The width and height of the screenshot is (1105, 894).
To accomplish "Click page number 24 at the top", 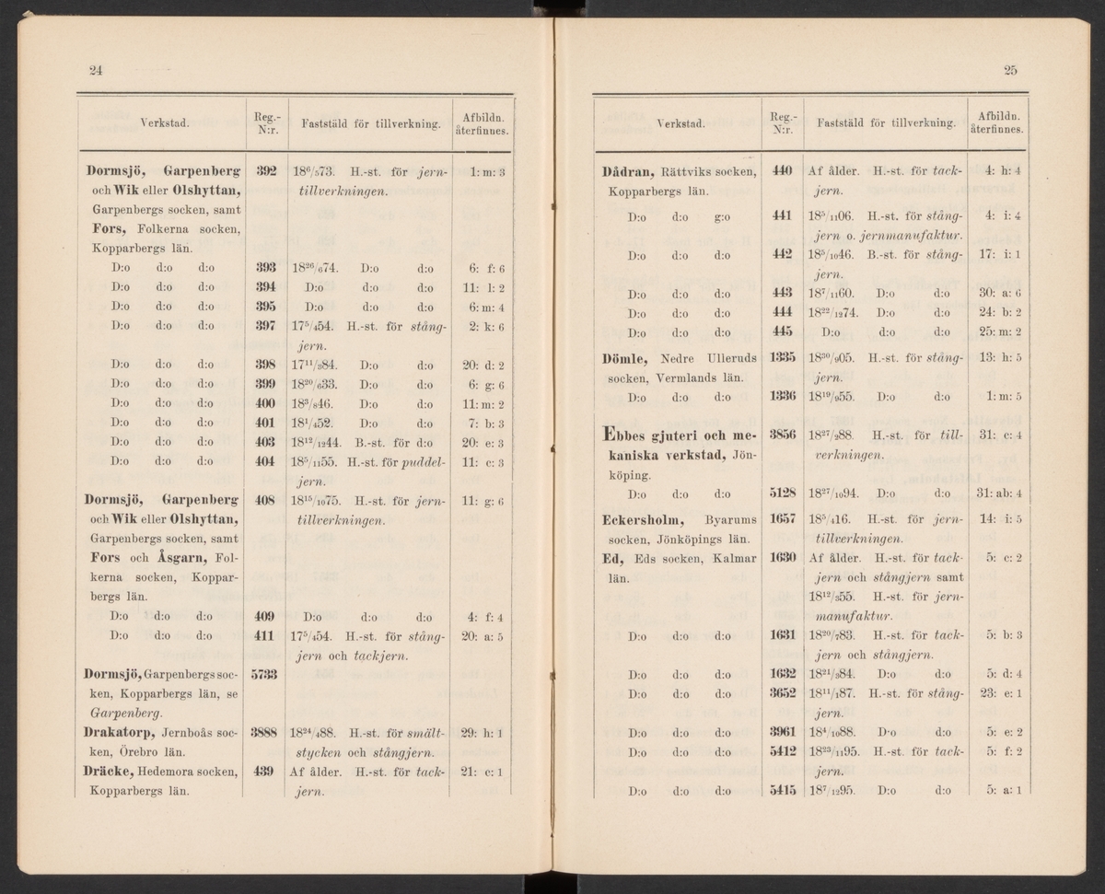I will [x=95, y=71].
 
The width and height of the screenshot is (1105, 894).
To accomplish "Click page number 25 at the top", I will [x=1010, y=71].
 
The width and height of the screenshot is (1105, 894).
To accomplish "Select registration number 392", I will [x=266, y=171].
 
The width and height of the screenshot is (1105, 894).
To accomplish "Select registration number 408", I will [x=266, y=502].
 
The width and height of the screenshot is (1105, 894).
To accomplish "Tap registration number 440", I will [x=782, y=171].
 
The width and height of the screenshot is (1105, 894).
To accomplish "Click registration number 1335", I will [x=782, y=358].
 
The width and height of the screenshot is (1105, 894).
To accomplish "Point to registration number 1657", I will [x=782, y=519].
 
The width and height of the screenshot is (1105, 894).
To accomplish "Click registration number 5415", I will [x=782, y=789].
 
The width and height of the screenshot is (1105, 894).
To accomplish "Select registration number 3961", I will [x=782, y=733].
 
